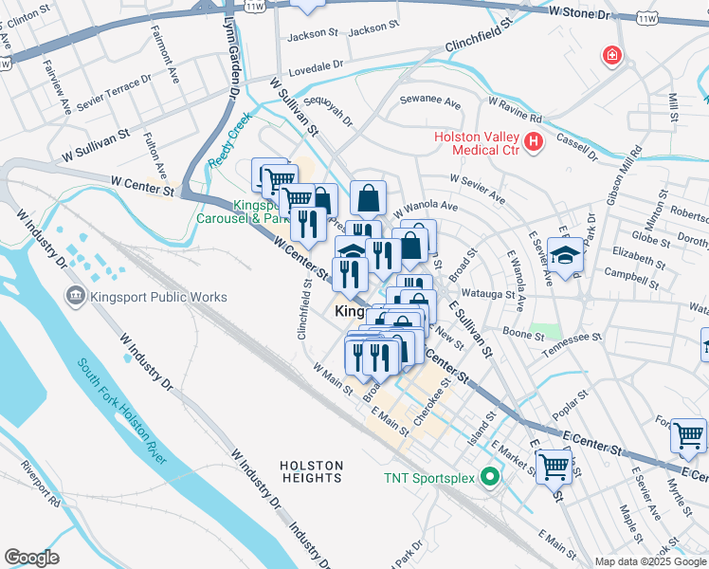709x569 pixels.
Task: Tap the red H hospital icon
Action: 534,143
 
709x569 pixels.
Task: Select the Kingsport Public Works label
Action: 158,297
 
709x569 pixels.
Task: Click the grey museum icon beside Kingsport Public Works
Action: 76,297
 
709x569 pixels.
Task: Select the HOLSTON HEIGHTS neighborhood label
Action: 312,471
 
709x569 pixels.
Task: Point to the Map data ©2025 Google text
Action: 650,561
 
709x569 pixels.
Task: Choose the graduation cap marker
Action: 565,256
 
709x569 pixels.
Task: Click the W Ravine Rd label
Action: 515,110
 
